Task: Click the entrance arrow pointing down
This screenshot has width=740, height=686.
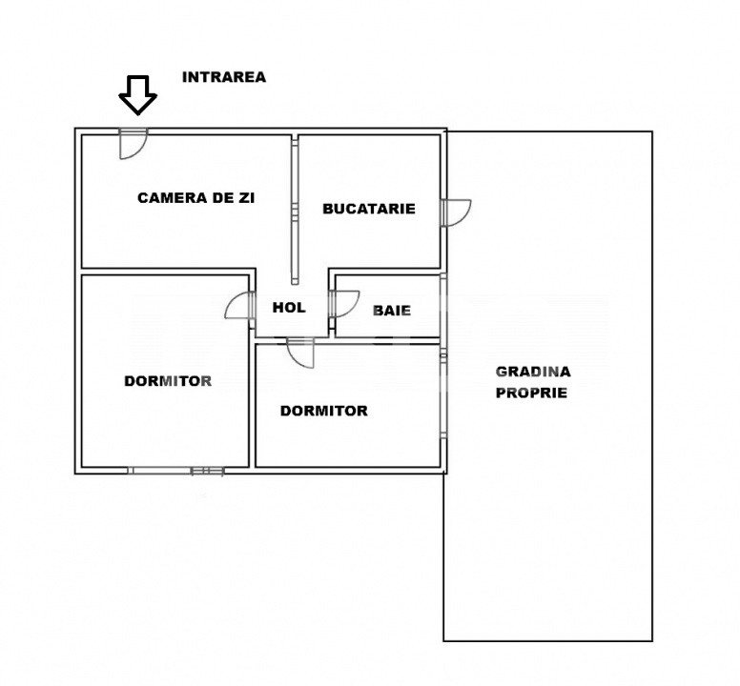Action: pyautogui.click(x=138, y=94)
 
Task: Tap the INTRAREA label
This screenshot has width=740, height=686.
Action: pyautogui.click(x=224, y=77)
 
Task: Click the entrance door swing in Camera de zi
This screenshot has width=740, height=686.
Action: pyautogui.click(x=134, y=144)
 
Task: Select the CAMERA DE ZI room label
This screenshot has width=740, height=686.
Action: pyautogui.click(x=195, y=198)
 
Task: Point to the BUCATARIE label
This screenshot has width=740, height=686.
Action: pyautogui.click(x=369, y=209)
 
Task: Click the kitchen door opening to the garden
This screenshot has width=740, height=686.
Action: pyautogui.click(x=457, y=213)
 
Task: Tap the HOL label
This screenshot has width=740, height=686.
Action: pyautogui.click(x=289, y=308)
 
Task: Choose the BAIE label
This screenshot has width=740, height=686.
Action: pyautogui.click(x=392, y=311)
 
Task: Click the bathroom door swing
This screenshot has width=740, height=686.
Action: pyautogui.click(x=344, y=305)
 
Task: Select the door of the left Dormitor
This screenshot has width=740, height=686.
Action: pyautogui.click(x=239, y=306)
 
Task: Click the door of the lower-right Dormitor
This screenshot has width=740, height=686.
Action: pyautogui.click(x=300, y=353)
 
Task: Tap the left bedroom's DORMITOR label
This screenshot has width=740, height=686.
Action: pyautogui.click(x=168, y=381)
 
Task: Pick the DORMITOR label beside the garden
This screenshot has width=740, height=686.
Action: pyautogui.click(x=324, y=411)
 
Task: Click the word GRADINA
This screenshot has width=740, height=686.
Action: pyautogui.click(x=533, y=372)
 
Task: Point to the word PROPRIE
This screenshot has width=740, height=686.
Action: pyautogui.click(x=531, y=393)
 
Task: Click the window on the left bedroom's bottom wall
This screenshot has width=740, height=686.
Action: pyautogui.click(x=175, y=471)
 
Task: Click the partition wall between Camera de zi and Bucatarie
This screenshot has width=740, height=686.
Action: pyautogui.click(x=295, y=211)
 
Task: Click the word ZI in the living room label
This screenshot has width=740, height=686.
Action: pyautogui.click(x=245, y=198)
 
